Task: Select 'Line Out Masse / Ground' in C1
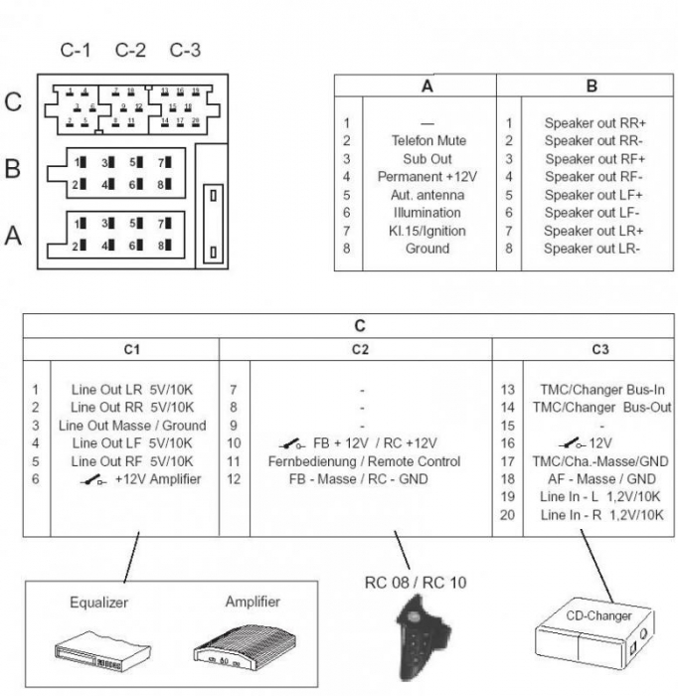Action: tap(138, 426)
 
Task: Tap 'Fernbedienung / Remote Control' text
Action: tap(364, 461)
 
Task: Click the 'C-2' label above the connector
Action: tap(130, 49)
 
